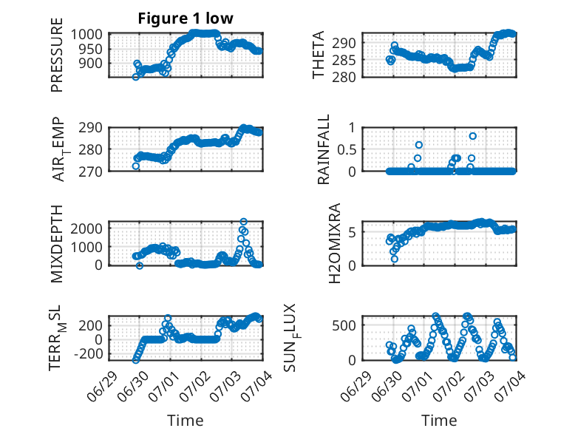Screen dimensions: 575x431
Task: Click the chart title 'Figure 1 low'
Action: [186, 18]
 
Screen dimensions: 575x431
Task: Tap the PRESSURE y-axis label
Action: [57, 55]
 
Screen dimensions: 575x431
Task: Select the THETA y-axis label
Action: [319, 55]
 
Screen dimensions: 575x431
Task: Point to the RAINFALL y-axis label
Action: [324, 149]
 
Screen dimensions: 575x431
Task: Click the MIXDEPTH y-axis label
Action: [57, 244]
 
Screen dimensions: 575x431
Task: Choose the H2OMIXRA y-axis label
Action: [335, 243]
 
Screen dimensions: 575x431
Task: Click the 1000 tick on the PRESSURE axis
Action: [86, 34]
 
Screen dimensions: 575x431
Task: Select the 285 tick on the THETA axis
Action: [344, 60]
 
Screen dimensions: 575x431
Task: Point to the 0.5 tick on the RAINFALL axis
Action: [346, 149]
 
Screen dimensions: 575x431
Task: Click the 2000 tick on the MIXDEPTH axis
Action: [86, 229]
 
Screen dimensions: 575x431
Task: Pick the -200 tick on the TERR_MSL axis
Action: [89, 354]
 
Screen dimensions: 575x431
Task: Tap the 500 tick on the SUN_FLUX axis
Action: [344, 325]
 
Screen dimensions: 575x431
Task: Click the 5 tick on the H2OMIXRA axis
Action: [352, 232]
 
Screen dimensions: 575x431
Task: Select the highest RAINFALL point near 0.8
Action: [473, 136]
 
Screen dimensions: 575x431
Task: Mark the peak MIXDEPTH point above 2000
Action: [243, 222]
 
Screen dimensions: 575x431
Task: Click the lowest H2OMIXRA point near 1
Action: [394, 259]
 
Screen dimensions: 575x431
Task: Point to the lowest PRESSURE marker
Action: [136, 77]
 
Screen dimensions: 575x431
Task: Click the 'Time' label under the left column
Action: [186, 421]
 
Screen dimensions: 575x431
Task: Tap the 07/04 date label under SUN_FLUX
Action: [511, 385]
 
